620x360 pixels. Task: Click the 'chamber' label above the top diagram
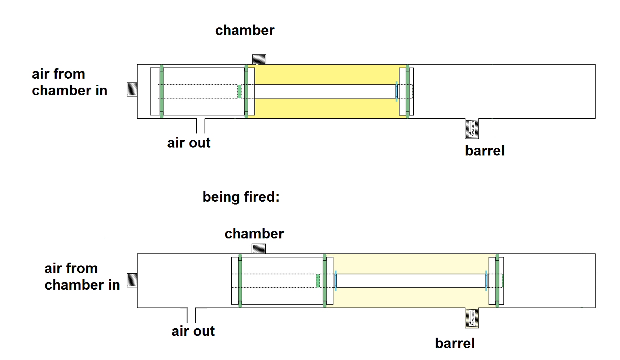(x=245, y=30)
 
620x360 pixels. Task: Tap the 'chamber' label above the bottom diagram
(x=254, y=234)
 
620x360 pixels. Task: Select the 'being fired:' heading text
(x=241, y=197)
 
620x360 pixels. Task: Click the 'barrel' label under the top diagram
(x=484, y=151)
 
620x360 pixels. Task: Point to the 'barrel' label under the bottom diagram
(x=454, y=343)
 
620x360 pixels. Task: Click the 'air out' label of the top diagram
(x=188, y=143)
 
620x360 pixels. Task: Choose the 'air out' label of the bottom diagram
(x=193, y=331)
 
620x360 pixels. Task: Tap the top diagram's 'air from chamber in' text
(x=69, y=82)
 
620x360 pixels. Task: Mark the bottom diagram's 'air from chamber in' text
(x=82, y=277)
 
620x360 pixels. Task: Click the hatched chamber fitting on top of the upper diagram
(x=259, y=59)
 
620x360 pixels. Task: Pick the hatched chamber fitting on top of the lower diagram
(x=259, y=249)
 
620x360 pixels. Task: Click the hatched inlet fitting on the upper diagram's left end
(x=132, y=89)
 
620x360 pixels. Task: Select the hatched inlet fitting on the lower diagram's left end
(x=132, y=280)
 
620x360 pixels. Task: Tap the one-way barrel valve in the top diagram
(x=472, y=129)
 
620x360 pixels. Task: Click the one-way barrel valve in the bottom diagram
(x=472, y=318)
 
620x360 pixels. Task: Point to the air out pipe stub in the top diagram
(x=201, y=126)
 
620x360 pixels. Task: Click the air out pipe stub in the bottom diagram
(x=191, y=315)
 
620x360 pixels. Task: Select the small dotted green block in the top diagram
(x=239, y=91)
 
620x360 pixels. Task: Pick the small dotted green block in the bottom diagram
(x=318, y=281)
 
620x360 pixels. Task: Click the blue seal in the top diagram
(x=397, y=91)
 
